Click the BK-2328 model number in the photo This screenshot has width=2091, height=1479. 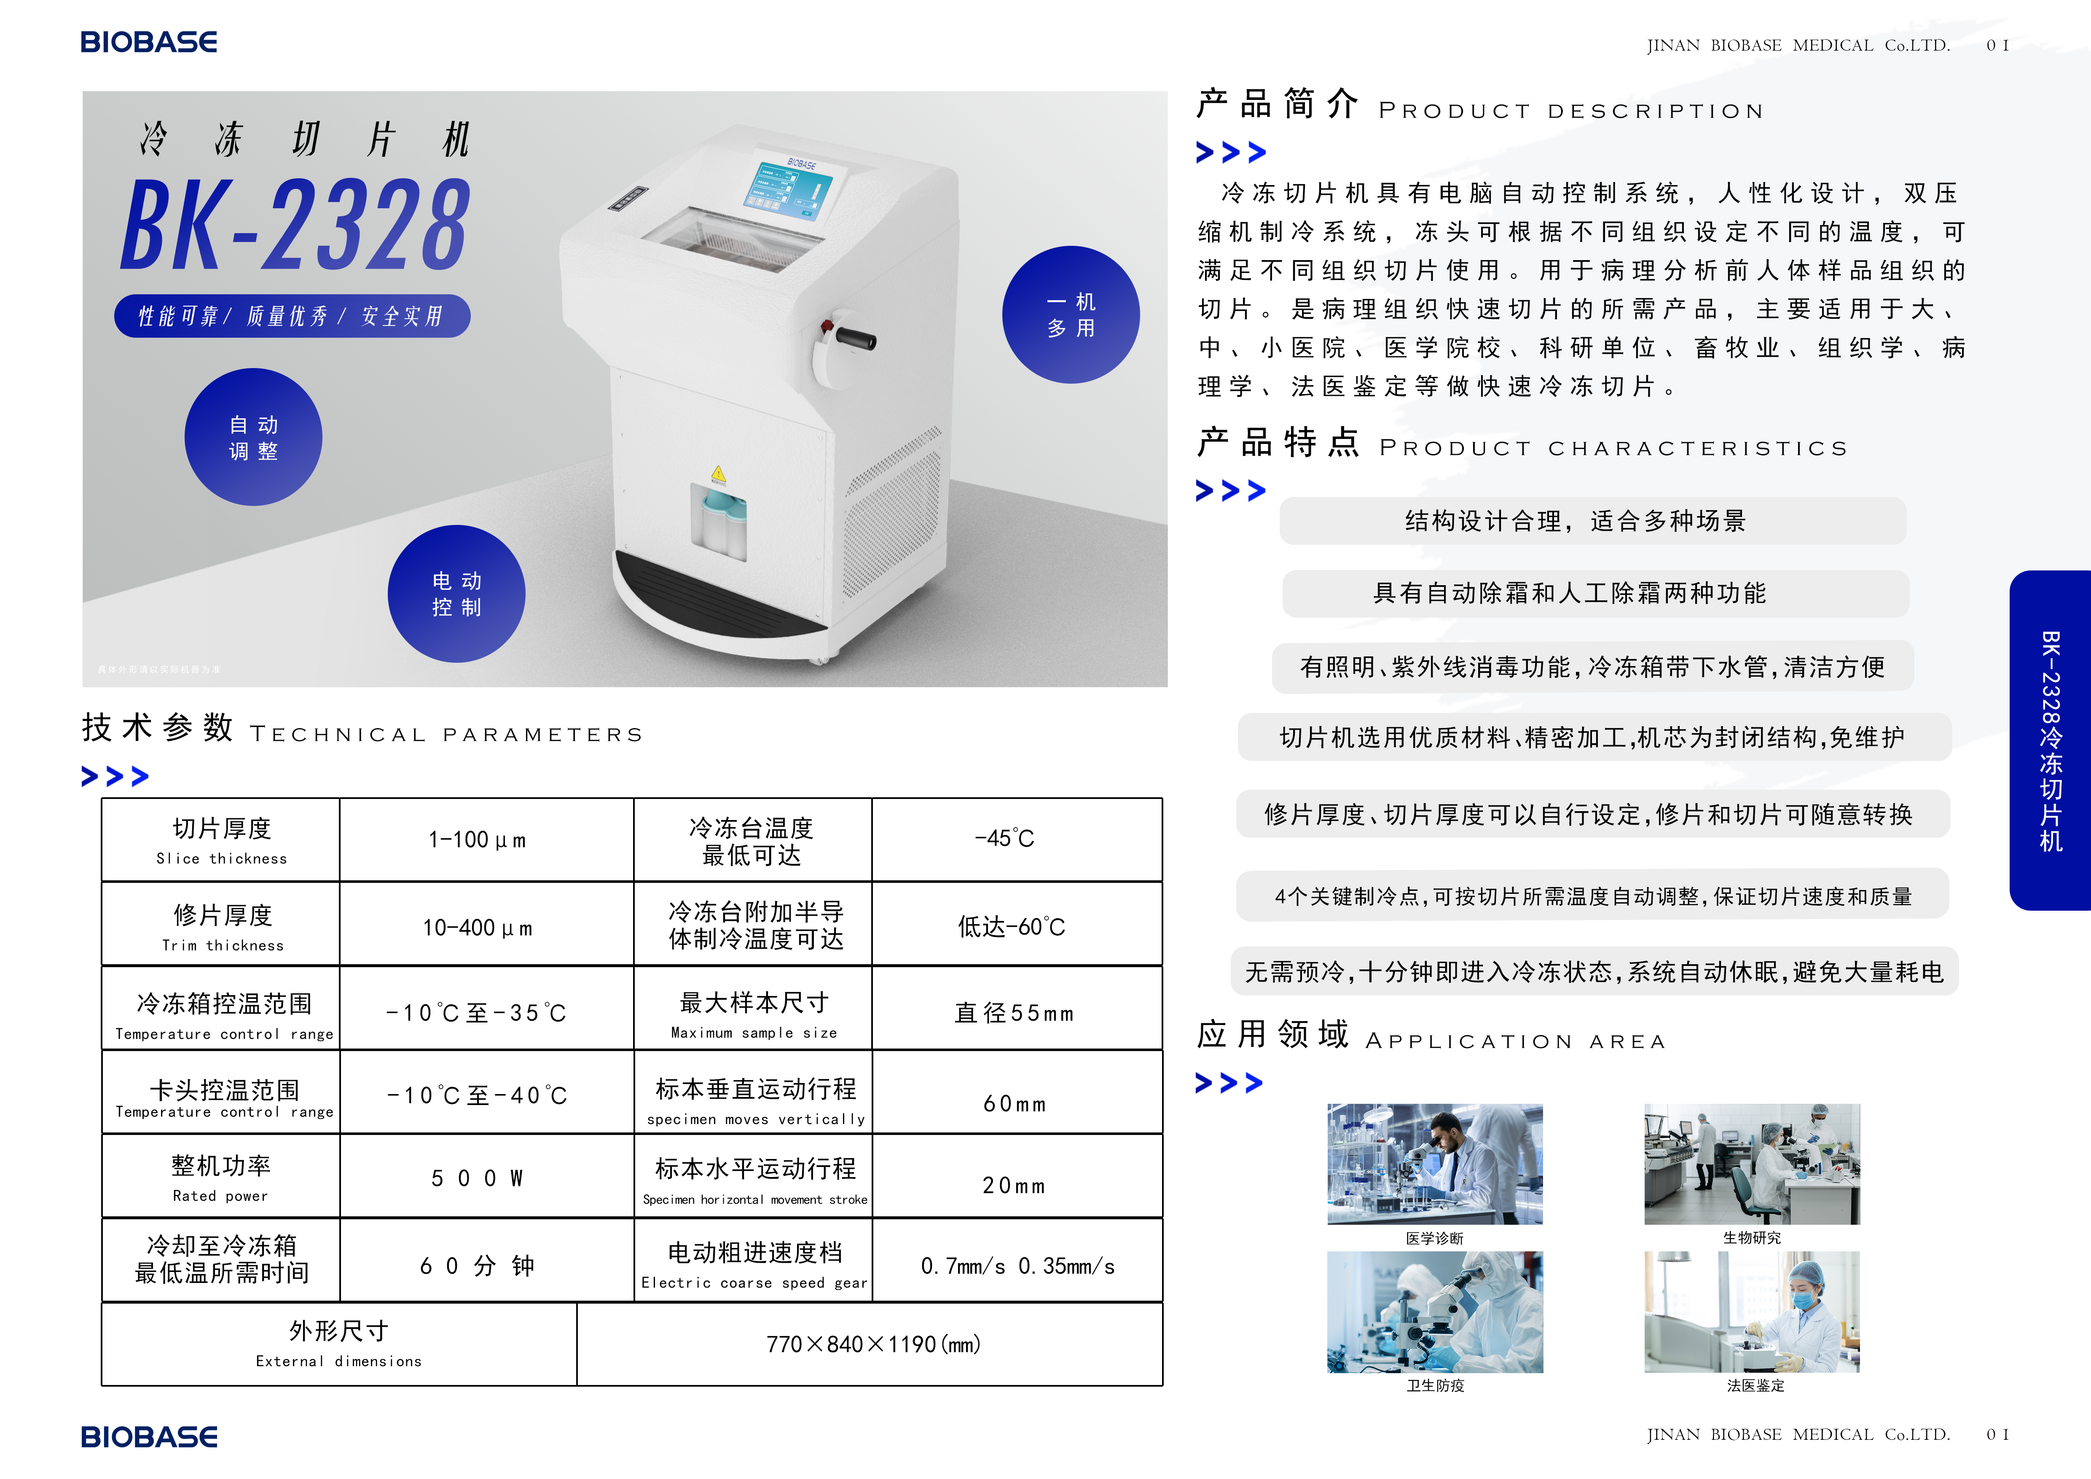296,224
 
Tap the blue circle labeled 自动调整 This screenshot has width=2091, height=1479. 253,437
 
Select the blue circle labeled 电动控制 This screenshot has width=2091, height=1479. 456,594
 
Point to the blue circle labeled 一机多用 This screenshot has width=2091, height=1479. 1071,314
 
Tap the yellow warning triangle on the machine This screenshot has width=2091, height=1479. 719,473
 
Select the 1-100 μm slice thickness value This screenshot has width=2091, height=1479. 477,840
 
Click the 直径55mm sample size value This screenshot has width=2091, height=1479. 1015,1013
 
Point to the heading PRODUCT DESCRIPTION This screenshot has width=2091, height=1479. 1571,111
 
